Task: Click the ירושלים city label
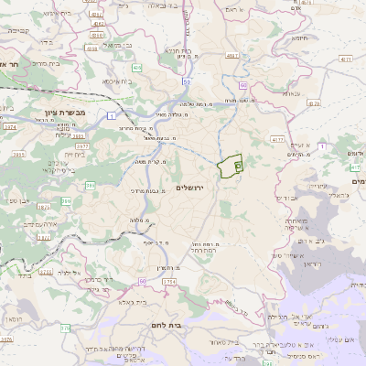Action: [x=217, y=188]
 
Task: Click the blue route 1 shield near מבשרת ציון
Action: [x=110, y=113]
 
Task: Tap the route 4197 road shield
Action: [x=232, y=56]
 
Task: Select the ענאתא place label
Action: [x=267, y=93]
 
